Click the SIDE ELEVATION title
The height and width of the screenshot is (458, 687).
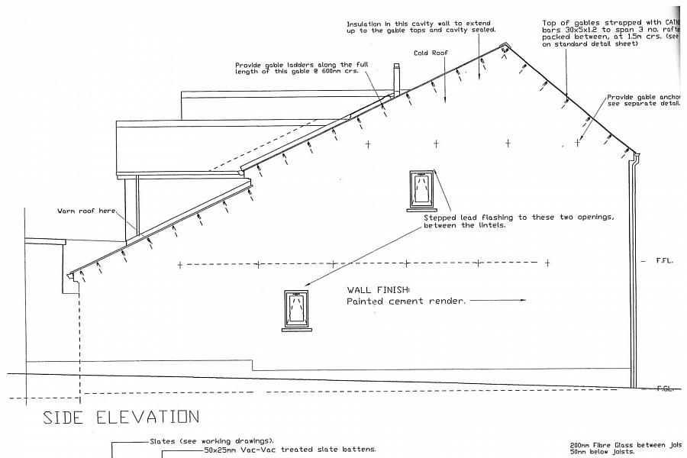(x=121, y=417)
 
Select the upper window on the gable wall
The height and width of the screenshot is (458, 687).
(x=421, y=189)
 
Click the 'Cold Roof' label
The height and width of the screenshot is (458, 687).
(x=431, y=53)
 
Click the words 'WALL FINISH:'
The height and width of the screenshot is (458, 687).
(x=379, y=290)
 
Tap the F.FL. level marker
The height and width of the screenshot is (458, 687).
(x=664, y=260)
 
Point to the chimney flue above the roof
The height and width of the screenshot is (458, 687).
(x=396, y=79)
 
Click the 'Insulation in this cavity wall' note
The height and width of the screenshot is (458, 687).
(x=420, y=27)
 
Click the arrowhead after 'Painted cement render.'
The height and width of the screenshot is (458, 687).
(x=523, y=301)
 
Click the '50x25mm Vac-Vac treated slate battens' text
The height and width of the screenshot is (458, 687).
(x=290, y=450)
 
